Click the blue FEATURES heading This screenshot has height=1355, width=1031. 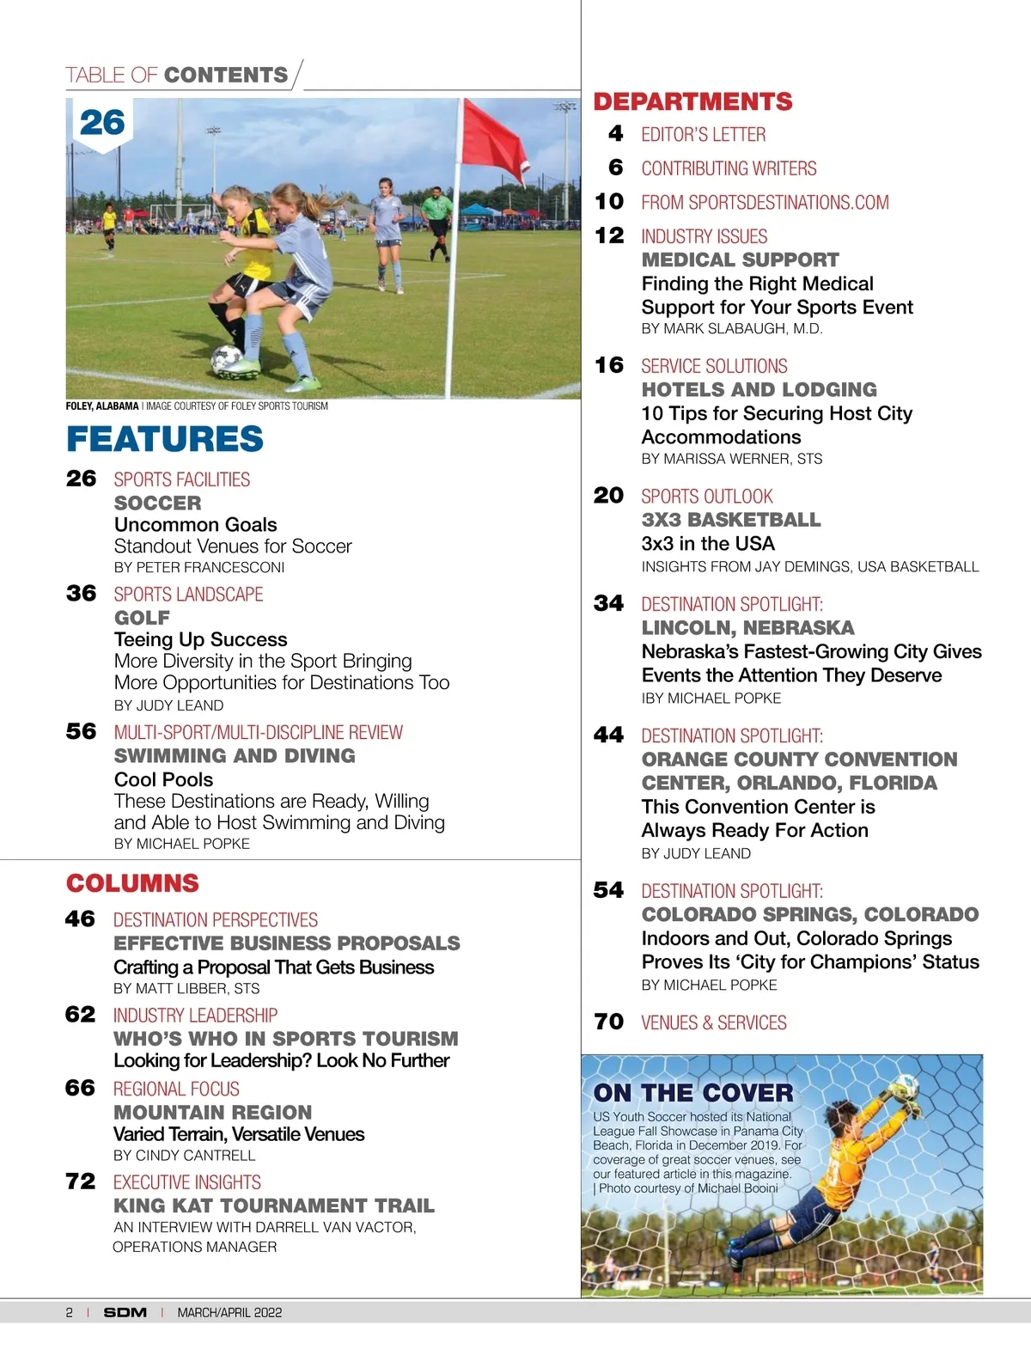pos(165,439)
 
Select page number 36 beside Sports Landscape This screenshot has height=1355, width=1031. pos(82,594)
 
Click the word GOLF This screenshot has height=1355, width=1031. pos(142,618)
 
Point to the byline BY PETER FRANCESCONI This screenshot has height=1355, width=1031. pos(199,567)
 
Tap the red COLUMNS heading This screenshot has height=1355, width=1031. pos(132,883)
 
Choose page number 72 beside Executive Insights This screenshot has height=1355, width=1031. pos(81,1181)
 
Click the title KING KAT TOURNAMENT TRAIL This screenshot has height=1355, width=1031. pos(274,1205)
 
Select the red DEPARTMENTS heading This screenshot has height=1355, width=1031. pos(692,101)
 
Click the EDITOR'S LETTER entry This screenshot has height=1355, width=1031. pos(703,134)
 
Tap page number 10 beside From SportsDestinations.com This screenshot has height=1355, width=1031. pos(609,202)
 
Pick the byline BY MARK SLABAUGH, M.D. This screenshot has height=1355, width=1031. pos(732,328)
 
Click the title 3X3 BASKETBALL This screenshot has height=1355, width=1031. pos(731,520)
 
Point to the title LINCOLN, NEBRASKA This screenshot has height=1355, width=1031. pos(747,627)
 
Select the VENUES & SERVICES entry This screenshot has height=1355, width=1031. pos(714,1022)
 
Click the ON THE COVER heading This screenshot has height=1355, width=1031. pos(693,1093)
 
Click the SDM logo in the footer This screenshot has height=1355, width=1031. pos(125,1312)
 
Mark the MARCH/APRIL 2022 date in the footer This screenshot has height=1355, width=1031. pos(229,1312)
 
